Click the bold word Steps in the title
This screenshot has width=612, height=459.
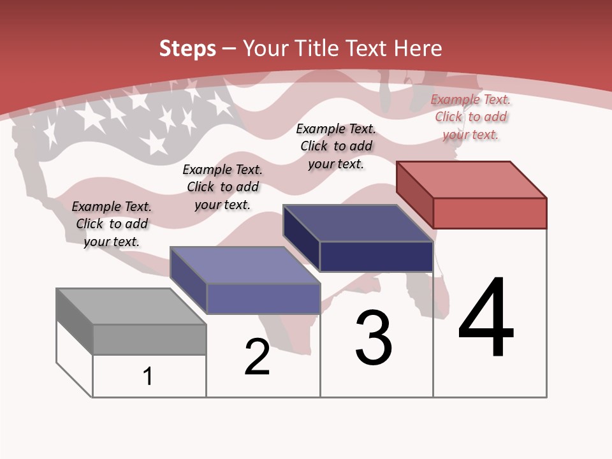coord(187,48)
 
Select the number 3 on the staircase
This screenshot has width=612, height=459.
coord(374,338)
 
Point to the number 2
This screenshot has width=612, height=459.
coord(257,357)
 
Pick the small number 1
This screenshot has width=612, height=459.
coord(148,376)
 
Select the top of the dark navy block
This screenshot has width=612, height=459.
coord(357,222)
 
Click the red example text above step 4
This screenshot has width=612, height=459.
coord(470,117)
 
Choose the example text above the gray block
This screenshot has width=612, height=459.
coord(112,224)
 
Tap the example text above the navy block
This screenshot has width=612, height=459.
coord(336,146)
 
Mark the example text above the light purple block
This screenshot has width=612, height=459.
coord(222,187)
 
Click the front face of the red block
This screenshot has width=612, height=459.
coord(490,213)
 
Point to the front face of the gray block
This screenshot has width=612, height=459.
coord(149,339)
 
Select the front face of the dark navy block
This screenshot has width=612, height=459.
coord(376,256)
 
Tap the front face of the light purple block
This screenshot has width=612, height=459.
coord(263,298)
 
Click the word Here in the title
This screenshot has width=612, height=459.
coord(418,48)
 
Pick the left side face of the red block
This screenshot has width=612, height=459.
coord(414,194)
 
